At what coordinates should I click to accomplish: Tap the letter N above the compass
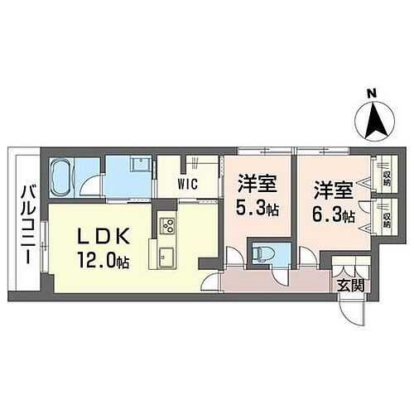click(373, 94)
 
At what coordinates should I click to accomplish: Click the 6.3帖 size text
click(334, 217)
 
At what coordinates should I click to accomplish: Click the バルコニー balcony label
click(27, 224)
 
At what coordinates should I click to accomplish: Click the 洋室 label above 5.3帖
click(256, 183)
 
